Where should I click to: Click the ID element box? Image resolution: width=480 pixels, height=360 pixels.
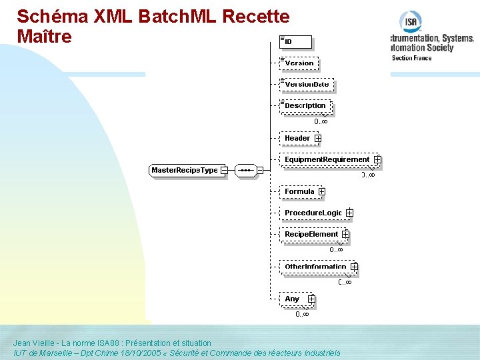295,42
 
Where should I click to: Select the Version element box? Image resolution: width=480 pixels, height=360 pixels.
299,63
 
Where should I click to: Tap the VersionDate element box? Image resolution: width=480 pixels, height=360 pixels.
307,85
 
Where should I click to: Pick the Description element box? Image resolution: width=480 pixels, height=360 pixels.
305,106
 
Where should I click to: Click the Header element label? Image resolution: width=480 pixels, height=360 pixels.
297,139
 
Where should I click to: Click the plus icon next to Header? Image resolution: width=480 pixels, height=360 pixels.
318,139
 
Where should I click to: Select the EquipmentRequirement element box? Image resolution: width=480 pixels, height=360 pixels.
327,160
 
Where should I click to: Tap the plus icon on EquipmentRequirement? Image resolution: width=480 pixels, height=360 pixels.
377,160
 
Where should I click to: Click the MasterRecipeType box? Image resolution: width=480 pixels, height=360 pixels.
185,171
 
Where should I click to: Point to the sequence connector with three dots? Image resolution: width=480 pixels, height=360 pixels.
245,171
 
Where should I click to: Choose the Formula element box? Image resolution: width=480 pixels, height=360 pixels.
299,192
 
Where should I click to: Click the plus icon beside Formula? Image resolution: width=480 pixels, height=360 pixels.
322,192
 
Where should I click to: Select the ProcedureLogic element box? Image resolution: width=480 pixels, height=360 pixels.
313,213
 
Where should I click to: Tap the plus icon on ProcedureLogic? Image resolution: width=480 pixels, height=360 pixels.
349,213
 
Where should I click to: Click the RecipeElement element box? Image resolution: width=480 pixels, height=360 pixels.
311,235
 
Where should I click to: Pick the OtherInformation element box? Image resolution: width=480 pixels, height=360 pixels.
315,267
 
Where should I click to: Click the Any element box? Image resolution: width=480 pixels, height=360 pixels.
293,299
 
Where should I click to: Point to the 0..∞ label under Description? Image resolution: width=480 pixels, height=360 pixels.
321,122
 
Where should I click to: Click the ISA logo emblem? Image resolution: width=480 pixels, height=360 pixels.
411,23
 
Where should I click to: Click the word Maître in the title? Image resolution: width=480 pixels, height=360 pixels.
44,37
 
